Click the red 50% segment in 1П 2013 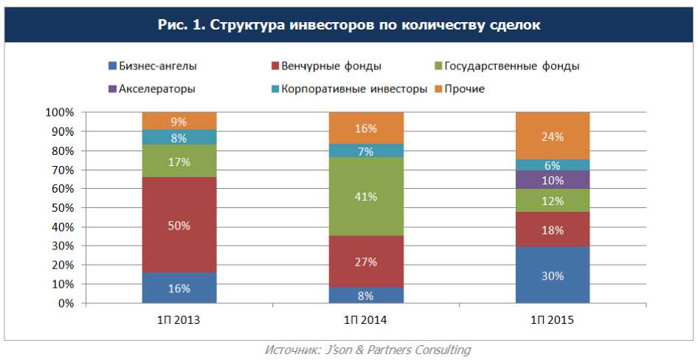point(179,225)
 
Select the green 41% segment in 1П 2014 point(366,196)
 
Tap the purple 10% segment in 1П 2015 point(553,180)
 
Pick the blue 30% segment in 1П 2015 point(553,275)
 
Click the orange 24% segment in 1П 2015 point(553,136)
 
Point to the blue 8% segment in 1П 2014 point(366,295)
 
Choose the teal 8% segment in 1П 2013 point(179,137)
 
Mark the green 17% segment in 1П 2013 point(179,161)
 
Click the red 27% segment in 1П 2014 point(366,261)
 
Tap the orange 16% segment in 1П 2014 point(366,128)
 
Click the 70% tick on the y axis point(61,170)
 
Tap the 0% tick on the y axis point(66,303)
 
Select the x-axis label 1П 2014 point(366,321)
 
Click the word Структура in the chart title point(243,24)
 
